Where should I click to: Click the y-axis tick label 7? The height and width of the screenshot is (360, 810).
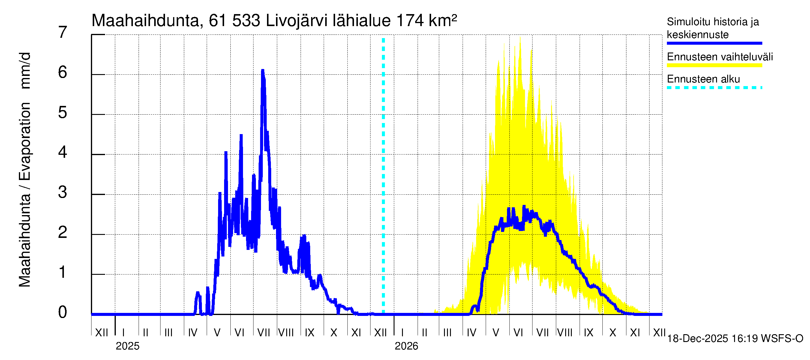pyautogui.click(x=63, y=32)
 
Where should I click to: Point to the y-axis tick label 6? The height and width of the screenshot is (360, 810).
pyautogui.click(x=63, y=73)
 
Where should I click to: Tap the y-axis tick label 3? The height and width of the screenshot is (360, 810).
pyautogui.click(x=63, y=192)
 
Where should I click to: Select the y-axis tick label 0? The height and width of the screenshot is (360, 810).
pyautogui.click(x=63, y=312)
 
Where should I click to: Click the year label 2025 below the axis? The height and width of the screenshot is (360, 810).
pyautogui.click(x=127, y=346)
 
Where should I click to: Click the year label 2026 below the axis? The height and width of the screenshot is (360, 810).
pyautogui.click(x=406, y=346)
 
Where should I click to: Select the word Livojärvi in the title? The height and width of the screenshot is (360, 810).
pyautogui.click(x=296, y=21)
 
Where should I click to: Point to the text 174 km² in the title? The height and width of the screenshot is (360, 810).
pyautogui.click(x=426, y=21)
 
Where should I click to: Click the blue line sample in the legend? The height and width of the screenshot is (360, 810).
pyautogui.click(x=714, y=43)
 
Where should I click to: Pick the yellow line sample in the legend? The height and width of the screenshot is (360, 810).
pyautogui.click(x=714, y=65)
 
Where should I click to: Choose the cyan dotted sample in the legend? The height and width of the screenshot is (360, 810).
pyautogui.click(x=714, y=88)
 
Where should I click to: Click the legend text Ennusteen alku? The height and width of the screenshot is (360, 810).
pyautogui.click(x=703, y=79)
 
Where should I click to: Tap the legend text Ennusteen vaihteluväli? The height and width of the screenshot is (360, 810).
pyautogui.click(x=720, y=57)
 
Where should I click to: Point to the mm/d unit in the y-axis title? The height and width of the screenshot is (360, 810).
pyautogui.click(x=25, y=71)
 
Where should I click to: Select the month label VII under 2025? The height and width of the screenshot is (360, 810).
pyautogui.click(x=263, y=333)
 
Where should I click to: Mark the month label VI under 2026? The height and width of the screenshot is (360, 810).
pyautogui.click(x=518, y=333)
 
